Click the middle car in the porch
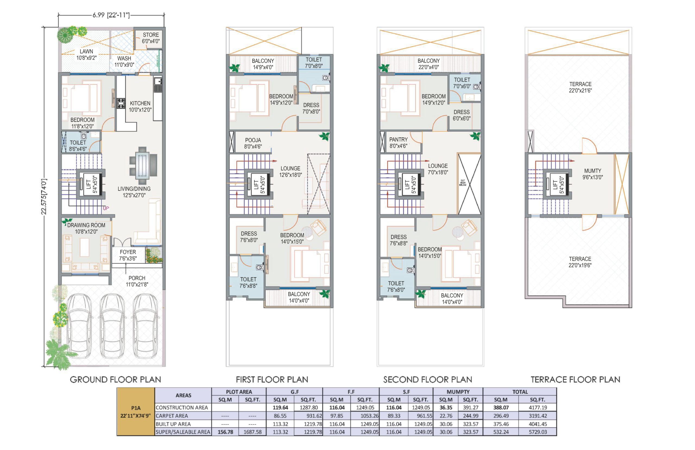click(112, 326)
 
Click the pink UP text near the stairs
click(106, 208)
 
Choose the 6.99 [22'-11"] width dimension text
click(111, 15)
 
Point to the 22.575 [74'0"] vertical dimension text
click(44, 197)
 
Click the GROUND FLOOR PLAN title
click(115, 380)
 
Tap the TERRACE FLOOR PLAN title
click(575, 380)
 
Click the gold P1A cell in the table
click(135, 411)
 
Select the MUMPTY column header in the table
click(458, 392)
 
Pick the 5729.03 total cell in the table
click(538, 432)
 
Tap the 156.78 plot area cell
click(225, 432)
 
